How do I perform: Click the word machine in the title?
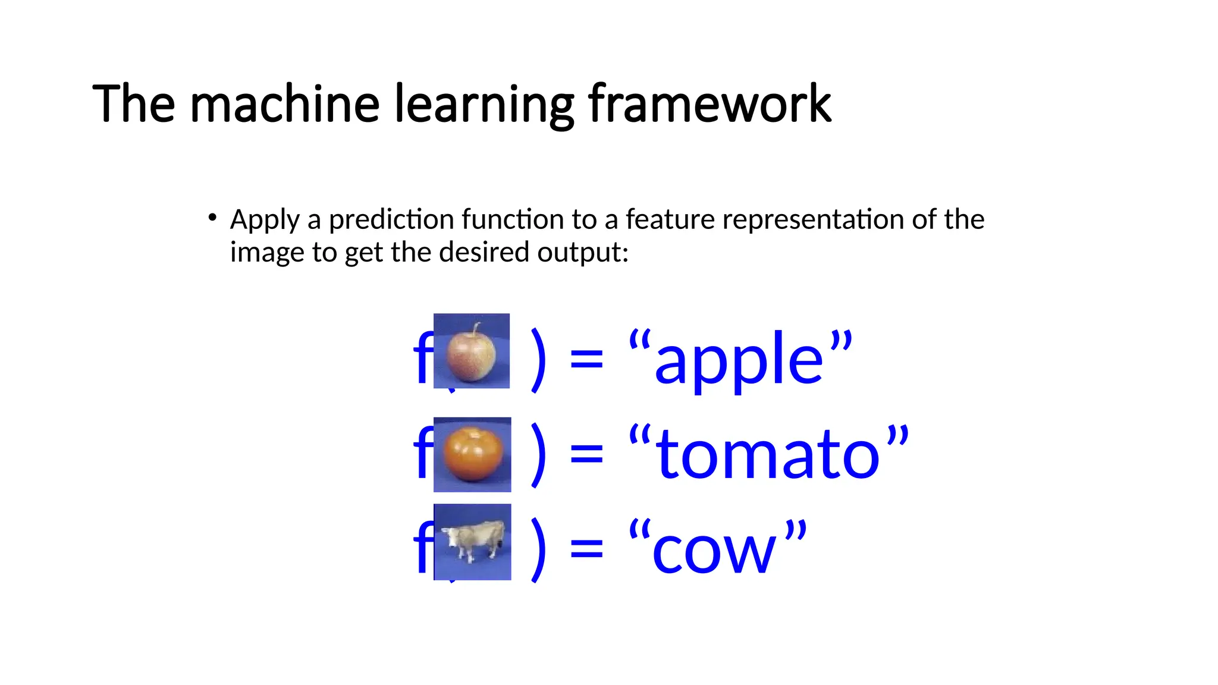(x=284, y=104)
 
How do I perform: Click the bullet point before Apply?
(x=212, y=218)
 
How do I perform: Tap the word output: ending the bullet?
(x=582, y=253)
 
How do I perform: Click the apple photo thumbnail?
(x=472, y=351)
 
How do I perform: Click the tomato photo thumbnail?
(x=472, y=455)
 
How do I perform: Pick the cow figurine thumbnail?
(x=472, y=542)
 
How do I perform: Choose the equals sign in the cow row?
(x=586, y=550)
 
